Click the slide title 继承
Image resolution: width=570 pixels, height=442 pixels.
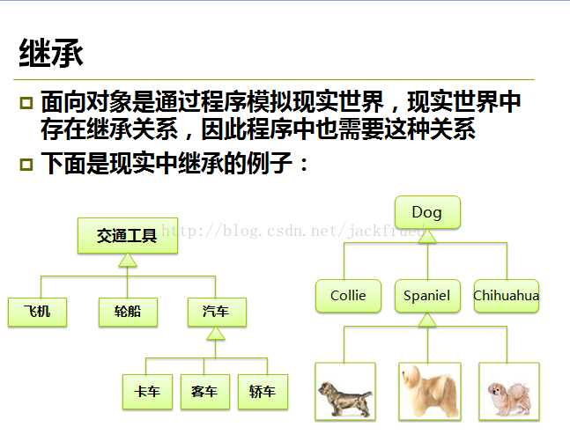click(x=51, y=53)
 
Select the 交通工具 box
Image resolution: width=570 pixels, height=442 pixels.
click(x=128, y=235)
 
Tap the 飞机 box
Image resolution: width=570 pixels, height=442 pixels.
click(x=38, y=312)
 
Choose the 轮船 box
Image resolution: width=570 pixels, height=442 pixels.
click(x=128, y=312)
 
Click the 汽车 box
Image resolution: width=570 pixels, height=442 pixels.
click(x=217, y=312)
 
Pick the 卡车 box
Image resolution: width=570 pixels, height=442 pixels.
click(x=147, y=392)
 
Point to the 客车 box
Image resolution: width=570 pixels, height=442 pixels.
click(x=205, y=392)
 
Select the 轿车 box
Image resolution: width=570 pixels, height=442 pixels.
click(x=263, y=392)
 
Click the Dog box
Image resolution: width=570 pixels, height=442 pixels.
click(x=427, y=212)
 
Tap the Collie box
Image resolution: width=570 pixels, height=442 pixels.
click(x=348, y=296)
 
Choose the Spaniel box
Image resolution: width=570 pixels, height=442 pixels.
click(x=427, y=296)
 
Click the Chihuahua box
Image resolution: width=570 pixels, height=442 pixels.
click(x=507, y=296)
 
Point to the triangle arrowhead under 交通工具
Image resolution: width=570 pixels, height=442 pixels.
click(x=128, y=260)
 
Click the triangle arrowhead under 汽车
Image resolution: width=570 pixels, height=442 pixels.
click(x=216, y=334)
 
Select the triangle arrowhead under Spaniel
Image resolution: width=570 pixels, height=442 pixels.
click(x=427, y=320)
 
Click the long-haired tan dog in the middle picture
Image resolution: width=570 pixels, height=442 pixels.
click(x=430, y=392)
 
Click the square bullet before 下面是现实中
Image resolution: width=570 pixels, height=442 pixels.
click(x=26, y=164)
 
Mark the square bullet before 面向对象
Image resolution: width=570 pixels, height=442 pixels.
click(x=26, y=103)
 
